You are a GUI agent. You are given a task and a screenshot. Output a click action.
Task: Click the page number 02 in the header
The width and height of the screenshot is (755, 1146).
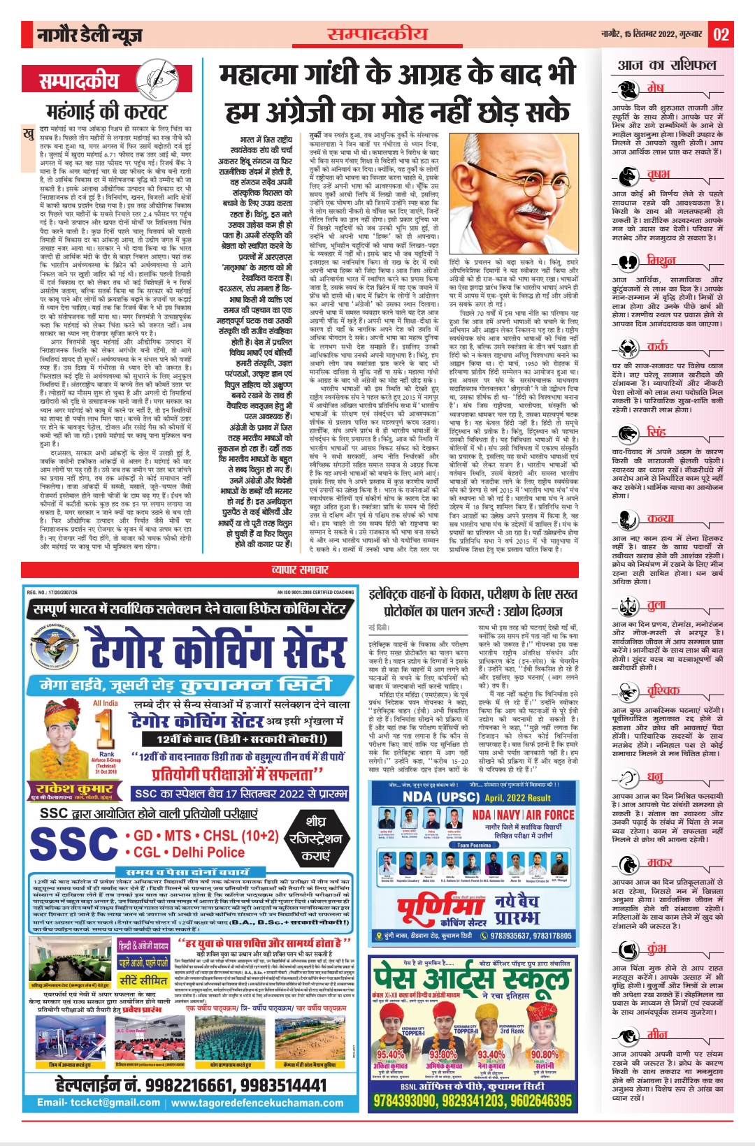[721, 34]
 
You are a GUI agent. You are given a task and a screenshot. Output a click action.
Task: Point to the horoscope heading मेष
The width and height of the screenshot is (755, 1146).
[655, 88]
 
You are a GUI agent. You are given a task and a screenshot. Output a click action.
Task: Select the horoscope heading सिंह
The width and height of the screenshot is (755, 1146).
[656, 431]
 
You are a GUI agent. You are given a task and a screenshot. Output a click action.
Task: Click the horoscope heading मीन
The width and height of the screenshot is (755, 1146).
[657, 1034]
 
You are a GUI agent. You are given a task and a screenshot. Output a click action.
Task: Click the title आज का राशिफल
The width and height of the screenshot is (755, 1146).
[666, 65]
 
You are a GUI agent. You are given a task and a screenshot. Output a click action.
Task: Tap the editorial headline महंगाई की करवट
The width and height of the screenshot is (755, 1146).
[107, 111]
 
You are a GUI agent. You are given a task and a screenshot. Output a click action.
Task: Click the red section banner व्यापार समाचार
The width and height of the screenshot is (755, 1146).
[299, 570]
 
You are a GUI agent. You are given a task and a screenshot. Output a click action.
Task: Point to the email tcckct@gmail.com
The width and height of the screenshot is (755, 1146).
[99, 1103]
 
